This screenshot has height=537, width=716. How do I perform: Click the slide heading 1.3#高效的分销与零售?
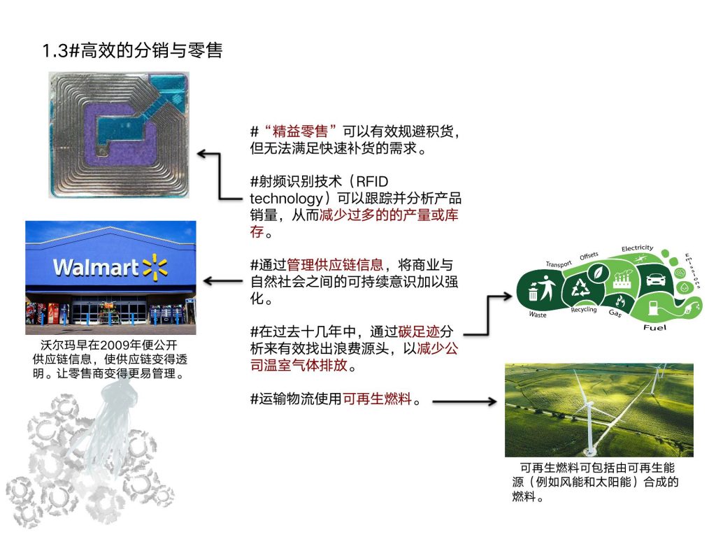[x=132, y=50]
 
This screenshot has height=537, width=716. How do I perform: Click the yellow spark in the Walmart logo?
[x=155, y=266]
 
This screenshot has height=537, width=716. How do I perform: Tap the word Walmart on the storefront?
[x=96, y=268]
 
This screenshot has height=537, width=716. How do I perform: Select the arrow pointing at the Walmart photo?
[x=223, y=281]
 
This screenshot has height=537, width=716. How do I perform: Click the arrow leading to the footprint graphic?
[x=487, y=315]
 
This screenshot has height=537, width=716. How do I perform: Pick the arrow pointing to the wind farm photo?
[x=464, y=402]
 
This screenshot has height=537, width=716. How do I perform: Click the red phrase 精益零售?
[x=300, y=131]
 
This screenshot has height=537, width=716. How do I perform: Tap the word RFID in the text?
[x=372, y=181]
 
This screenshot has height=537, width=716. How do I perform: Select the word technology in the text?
[x=286, y=199]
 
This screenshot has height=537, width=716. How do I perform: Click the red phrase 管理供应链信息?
[x=335, y=265]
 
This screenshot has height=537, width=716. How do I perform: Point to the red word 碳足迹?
[x=419, y=331]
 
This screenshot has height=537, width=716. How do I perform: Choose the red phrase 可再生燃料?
[x=377, y=399]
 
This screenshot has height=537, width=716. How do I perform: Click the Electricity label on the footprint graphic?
[x=637, y=248]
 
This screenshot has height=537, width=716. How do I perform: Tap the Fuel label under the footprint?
[x=654, y=327]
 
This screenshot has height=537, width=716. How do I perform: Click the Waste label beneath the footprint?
[x=538, y=315]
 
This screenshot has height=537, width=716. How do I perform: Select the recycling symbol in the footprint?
[x=581, y=288]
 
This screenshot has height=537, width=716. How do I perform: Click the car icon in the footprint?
[x=656, y=278]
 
